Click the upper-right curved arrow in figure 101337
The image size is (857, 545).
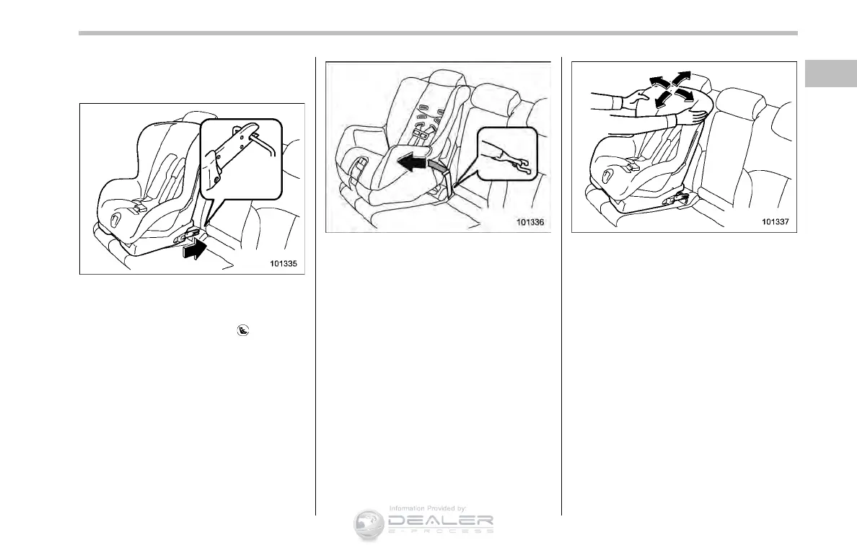pos(682,78)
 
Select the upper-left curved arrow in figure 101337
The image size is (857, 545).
pos(656,81)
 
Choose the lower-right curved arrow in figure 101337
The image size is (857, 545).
pos(685,95)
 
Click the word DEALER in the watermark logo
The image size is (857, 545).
pos(440,520)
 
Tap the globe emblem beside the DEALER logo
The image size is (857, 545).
pos(369,523)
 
